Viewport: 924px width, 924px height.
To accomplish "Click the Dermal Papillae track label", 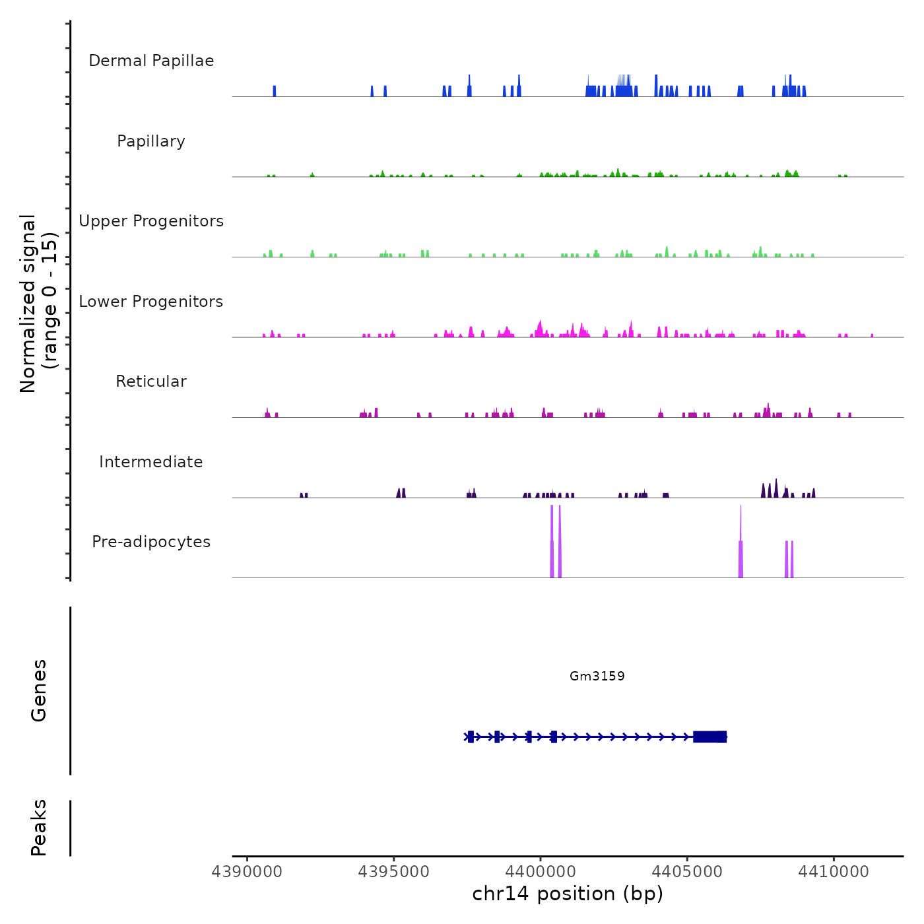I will click(151, 61).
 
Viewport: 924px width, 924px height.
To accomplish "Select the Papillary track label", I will click(151, 141).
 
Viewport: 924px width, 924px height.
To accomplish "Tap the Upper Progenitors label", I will click(151, 221).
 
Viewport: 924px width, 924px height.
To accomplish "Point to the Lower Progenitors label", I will click(151, 302).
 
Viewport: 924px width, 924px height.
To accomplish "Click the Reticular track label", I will click(151, 381).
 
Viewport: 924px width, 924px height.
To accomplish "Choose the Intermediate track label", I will click(151, 462).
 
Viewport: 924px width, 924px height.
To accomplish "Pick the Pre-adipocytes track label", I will click(151, 542).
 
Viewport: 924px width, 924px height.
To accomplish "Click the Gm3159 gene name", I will click(597, 676).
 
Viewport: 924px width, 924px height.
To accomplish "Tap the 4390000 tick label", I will click(247, 872).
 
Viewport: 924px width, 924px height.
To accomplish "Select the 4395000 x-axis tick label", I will click(393, 872).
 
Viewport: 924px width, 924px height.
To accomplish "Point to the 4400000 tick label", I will click(540, 872).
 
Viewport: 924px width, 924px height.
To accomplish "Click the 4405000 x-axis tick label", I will click(687, 872).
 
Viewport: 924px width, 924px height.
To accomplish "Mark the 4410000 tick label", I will click(834, 872).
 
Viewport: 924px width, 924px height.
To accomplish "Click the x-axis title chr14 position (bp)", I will click(568, 894).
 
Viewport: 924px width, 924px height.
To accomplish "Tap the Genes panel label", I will click(39, 690).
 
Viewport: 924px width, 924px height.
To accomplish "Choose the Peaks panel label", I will click(39, 828).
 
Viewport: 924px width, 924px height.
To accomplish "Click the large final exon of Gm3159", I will click(710, 737).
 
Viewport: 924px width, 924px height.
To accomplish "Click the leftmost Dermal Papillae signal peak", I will click(275, 91).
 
